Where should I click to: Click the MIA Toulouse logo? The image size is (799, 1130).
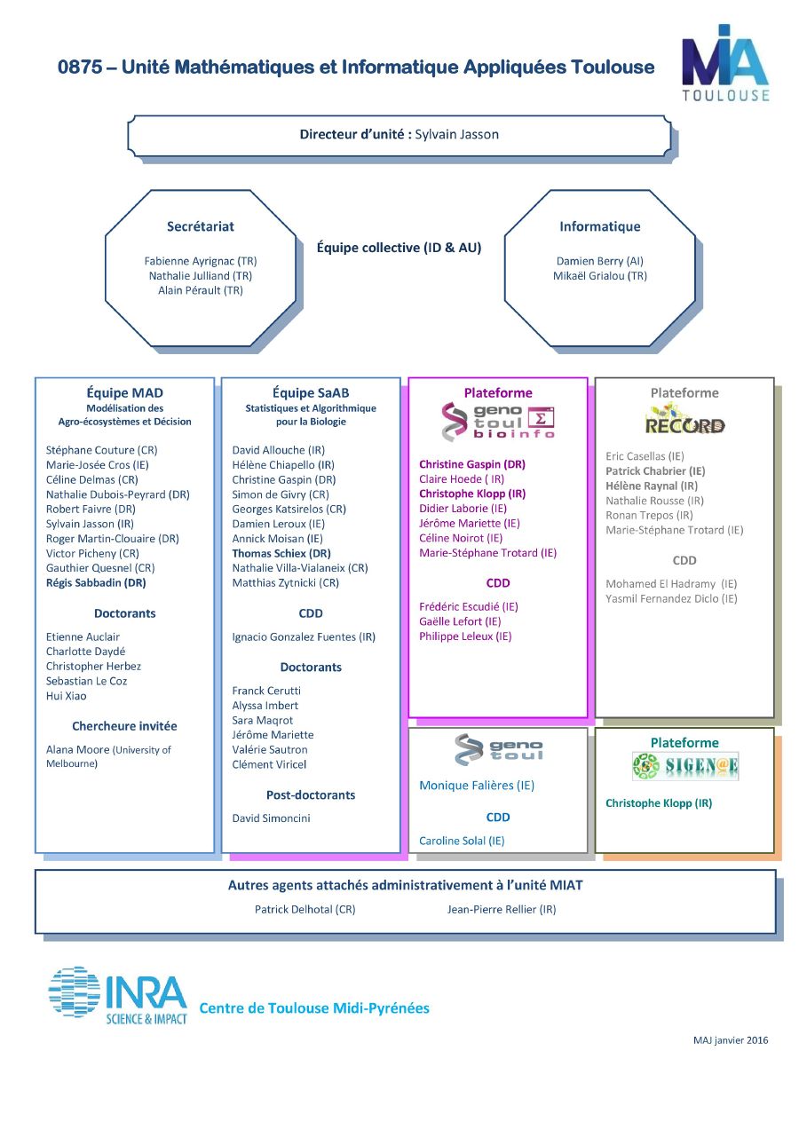(725, 62)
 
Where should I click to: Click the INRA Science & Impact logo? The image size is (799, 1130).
(117, 995)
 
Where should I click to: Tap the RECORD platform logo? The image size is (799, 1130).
(684, 419)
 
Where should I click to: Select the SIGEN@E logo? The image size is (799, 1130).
(685, 766)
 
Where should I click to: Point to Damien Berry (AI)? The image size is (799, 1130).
(600, 261)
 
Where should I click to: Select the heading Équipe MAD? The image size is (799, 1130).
(124, 392)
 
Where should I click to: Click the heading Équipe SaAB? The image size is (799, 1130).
(311, 392)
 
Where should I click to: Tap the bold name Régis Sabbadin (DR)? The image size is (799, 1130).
(96, 582)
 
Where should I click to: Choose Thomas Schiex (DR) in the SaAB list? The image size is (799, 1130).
(281, 553)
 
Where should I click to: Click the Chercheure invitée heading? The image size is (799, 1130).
(124, 726)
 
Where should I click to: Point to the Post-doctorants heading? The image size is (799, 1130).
(311, 795)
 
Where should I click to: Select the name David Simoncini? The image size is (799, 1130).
(271, 818)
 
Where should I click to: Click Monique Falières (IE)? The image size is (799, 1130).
(477, 786)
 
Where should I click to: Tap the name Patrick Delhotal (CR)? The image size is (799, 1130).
(305, 910)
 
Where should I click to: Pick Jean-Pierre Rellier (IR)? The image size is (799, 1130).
(502, 910)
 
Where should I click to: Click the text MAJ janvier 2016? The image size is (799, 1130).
(731, 1040)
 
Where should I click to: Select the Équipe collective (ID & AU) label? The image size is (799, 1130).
(399, 248)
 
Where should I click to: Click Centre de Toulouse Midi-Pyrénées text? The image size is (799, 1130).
(314, 1008)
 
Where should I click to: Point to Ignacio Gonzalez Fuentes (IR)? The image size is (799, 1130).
(304, 637)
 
